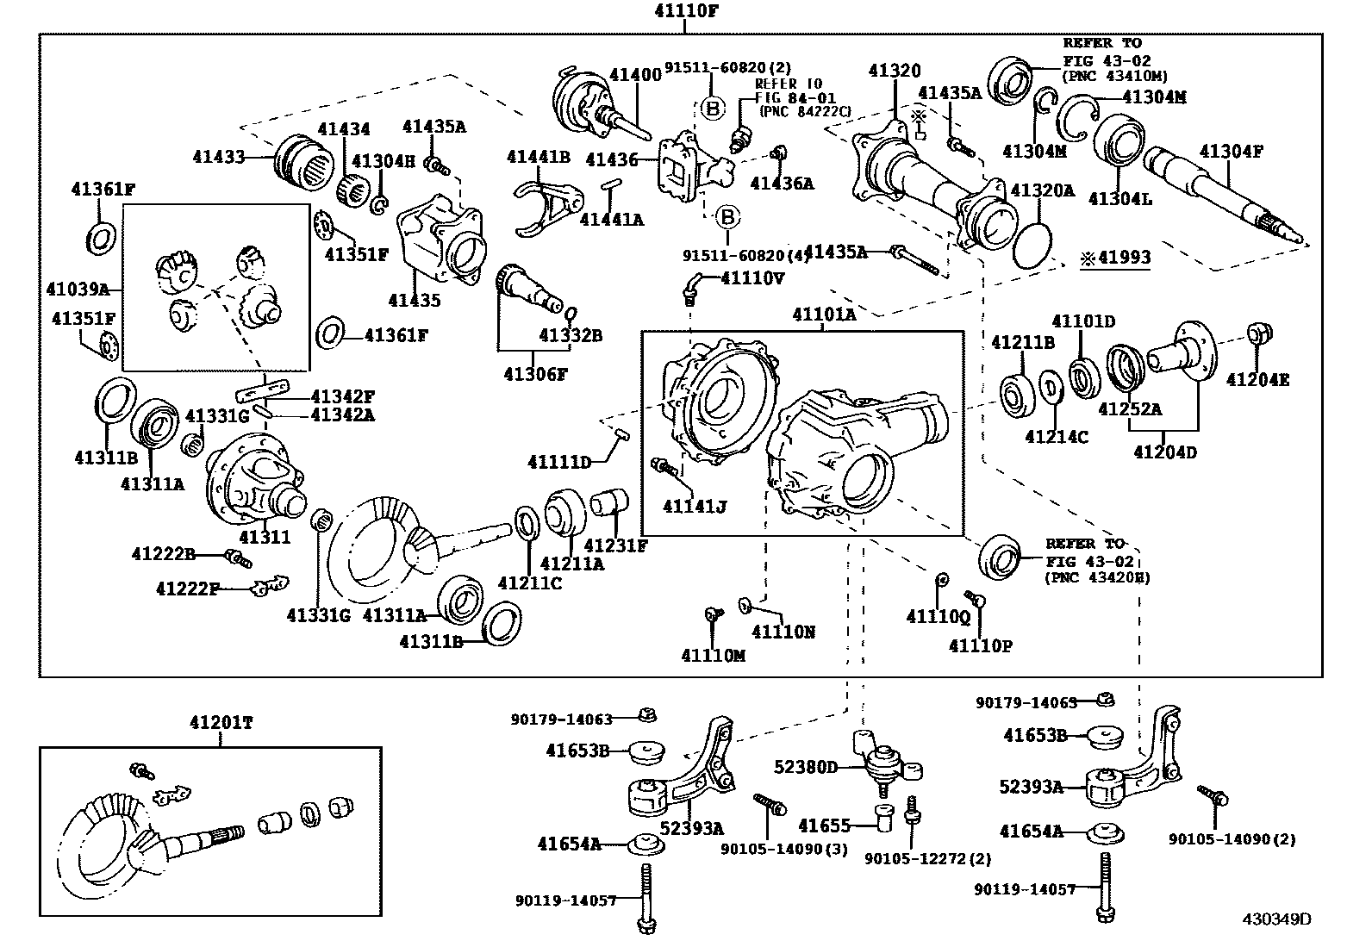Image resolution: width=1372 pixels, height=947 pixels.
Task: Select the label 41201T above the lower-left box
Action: (221, 723)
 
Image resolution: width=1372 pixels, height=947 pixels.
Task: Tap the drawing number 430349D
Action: (1275, 919)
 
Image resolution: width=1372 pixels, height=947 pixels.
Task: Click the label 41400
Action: (635, 75)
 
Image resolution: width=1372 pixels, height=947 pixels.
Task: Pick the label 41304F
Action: (1231, 153)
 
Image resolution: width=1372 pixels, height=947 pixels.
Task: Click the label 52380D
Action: (806, 766)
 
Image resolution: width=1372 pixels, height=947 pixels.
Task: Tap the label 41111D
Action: (559, 463)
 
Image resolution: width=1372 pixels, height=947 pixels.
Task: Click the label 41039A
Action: (78, 289)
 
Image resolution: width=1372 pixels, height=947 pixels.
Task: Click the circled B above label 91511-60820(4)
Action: (727, 215)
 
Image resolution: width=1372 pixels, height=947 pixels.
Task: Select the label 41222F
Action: (188, 589)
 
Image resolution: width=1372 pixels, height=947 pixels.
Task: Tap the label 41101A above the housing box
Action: (824, 315)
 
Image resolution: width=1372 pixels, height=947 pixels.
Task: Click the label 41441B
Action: (538, 157)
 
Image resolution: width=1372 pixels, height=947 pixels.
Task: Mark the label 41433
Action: (219, 157)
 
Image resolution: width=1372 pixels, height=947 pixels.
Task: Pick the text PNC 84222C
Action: (805, 111)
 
